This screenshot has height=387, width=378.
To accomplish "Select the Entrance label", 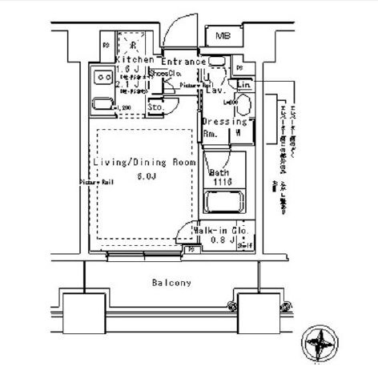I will (183, 62).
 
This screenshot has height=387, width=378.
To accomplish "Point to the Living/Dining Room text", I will (143, 163).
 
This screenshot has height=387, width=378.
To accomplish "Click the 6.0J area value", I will (146, 176).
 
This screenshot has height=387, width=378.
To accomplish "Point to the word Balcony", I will (171, 283).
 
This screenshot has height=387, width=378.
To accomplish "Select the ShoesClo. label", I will (163, 72).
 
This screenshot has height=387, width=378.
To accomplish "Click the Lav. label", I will (214, 91).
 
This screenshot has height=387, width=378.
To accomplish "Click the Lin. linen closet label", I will (244, 84).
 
